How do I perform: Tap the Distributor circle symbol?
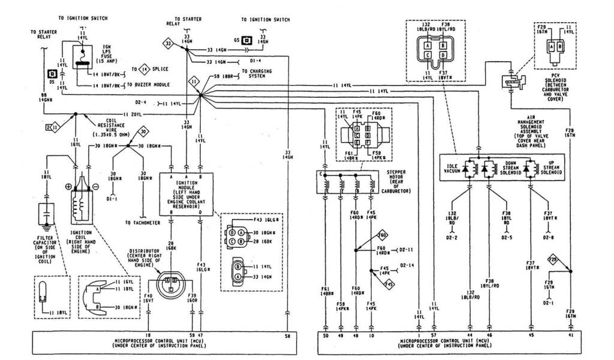click(x=171, y=281)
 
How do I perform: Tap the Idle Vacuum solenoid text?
click(x=458, y=169)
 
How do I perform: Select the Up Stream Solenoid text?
click(x=550, y=169)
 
